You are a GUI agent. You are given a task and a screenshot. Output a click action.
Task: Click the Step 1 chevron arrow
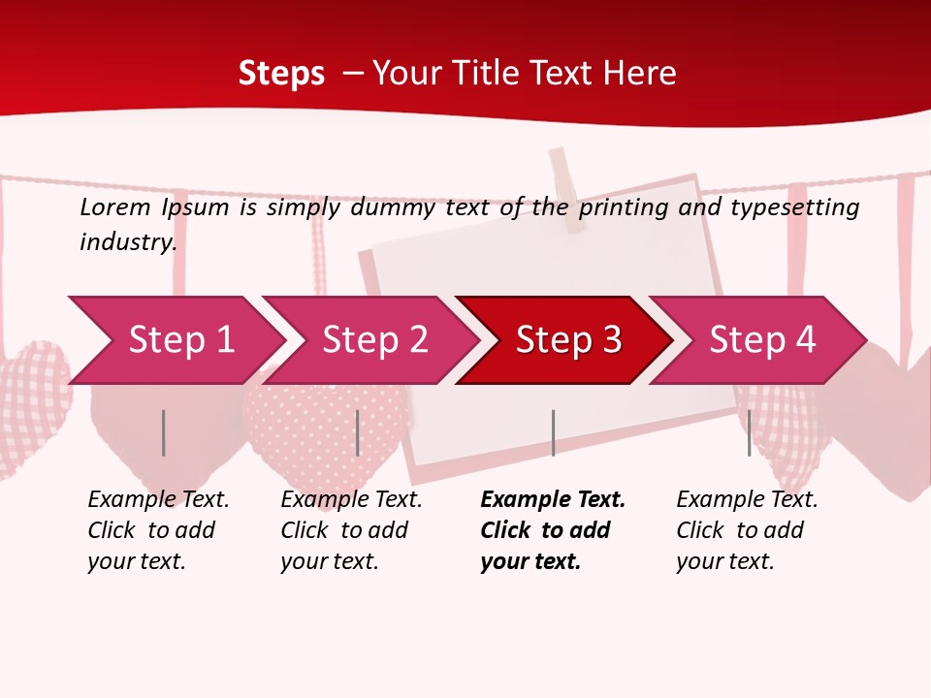(175, 340)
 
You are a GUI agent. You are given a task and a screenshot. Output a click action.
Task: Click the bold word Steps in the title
(281, 73)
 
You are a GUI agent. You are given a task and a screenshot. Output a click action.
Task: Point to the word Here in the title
(639, 73)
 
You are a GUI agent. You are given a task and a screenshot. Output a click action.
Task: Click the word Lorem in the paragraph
(114, 206)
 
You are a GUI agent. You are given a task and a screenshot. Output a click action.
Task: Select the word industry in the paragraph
(127, 241)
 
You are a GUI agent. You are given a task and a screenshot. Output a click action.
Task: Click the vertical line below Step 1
(164, 432)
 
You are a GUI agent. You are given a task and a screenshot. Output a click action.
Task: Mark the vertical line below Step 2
(358, 432)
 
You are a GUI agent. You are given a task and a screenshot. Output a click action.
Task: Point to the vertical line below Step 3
(553, 432)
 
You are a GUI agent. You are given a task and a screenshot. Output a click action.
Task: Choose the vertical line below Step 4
(749, 432)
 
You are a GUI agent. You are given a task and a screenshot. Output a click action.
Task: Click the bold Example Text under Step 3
(553, 500)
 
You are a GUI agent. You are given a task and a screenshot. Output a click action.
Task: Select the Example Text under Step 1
(158, 500)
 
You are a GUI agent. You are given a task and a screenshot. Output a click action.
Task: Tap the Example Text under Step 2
(351, 500)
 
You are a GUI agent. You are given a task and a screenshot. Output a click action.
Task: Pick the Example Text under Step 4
(747, 500)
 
